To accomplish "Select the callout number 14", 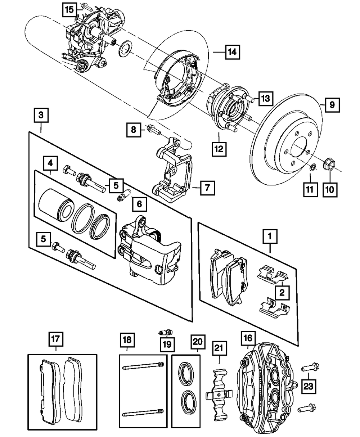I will tap(233, 53).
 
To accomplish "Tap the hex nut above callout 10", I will tap(329, 165).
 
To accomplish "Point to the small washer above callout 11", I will tap(313, 167).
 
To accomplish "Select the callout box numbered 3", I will tap(41, 115).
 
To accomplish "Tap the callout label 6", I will tap(139, 205).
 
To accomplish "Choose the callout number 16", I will tap(248, 338).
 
